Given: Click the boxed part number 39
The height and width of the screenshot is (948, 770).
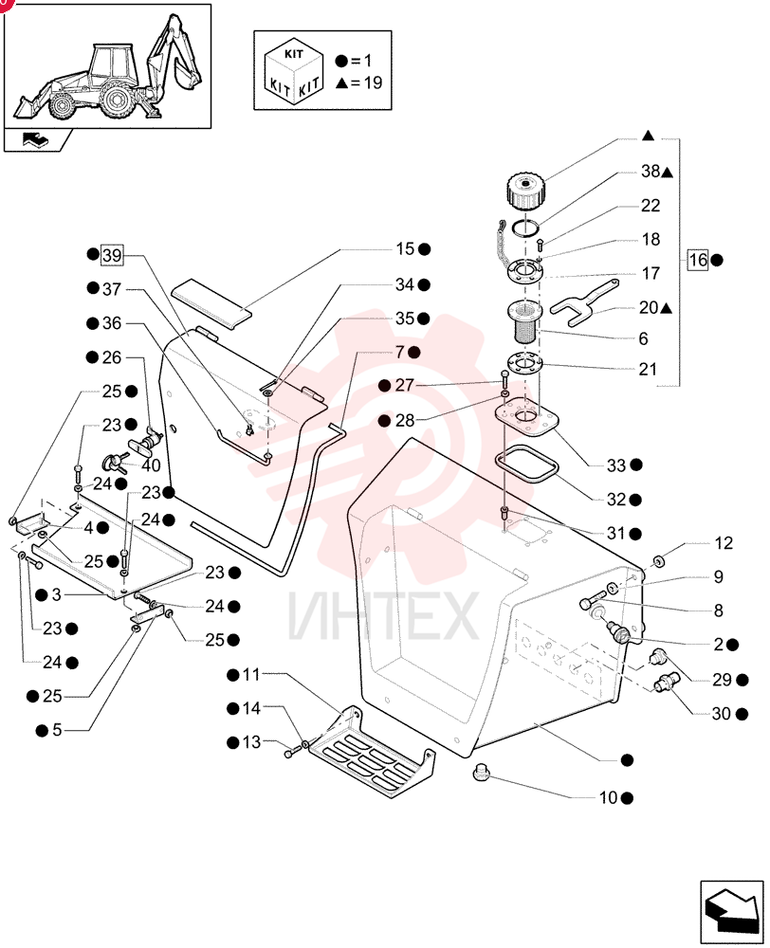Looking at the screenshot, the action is [x=112, y=255].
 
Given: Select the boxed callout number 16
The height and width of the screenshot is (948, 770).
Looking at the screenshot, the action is [x=698, y=260].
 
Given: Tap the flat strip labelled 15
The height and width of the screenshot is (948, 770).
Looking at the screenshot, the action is [x=211, y=303].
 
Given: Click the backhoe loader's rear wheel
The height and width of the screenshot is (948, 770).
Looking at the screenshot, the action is [x=118, y=100].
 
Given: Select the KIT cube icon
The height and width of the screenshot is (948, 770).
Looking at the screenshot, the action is [x=293, y=71].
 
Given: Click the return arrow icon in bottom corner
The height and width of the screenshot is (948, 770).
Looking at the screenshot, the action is [x=732, y=911].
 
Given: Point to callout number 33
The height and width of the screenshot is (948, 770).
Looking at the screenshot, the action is [x=616, y=465].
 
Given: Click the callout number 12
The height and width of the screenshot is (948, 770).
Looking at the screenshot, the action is [x=724, y=543].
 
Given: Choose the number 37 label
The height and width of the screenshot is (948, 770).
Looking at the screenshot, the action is [x=111, y=289].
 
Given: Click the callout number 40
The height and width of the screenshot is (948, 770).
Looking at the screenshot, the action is [x=151, y=465].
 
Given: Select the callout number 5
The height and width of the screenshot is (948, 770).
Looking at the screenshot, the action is [x=57, y=730].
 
